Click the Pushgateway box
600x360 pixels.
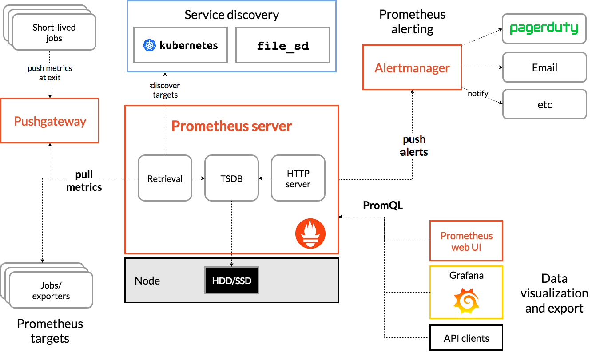(50, 121)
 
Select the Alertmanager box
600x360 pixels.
(412, 67)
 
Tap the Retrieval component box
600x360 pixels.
(165, 178)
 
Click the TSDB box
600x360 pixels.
(231, 178)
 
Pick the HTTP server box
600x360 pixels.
(298, 178)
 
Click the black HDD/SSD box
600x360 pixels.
(231, 281)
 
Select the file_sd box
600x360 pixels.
(283, 45)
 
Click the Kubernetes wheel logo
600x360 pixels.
(149, 45)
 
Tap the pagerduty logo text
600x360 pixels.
(544, 28)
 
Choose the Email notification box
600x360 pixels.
(544, 68)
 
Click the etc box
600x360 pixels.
(544, 105)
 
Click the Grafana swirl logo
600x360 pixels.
(466, 301)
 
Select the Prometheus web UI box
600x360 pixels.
(466, 241)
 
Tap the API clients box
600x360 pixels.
(466, 338)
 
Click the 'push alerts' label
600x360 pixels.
(414, 146)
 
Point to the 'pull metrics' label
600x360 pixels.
(84, 181)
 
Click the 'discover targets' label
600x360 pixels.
(165, 90)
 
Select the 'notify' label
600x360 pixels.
(478, 93)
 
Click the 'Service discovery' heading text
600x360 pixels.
(231, 15)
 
